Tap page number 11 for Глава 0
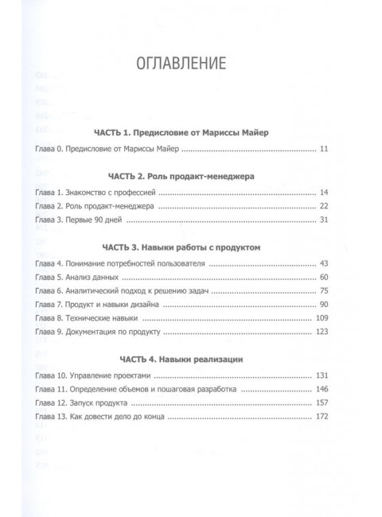(x=323, y=149)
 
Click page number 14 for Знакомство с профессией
(x=323, y=192)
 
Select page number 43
(x=323, y=264)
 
